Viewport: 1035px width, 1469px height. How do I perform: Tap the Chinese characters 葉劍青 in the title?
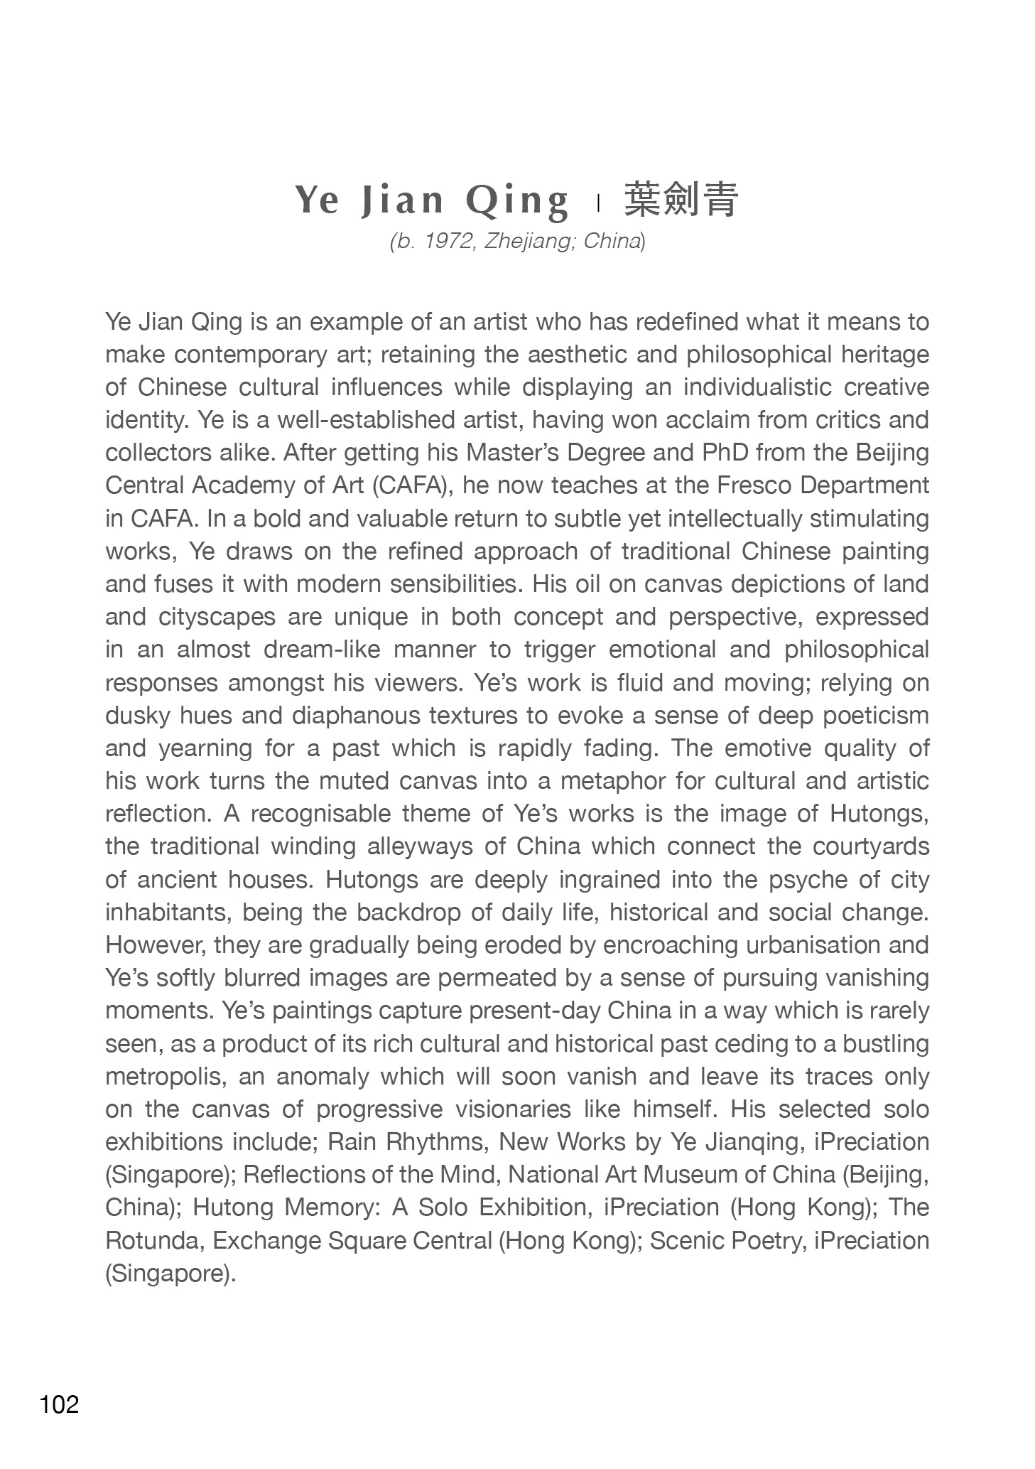tap(681, 200)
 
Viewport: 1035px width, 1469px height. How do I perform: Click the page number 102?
tap(60, 1404)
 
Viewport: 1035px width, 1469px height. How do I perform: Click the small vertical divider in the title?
tap(599, 203)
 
